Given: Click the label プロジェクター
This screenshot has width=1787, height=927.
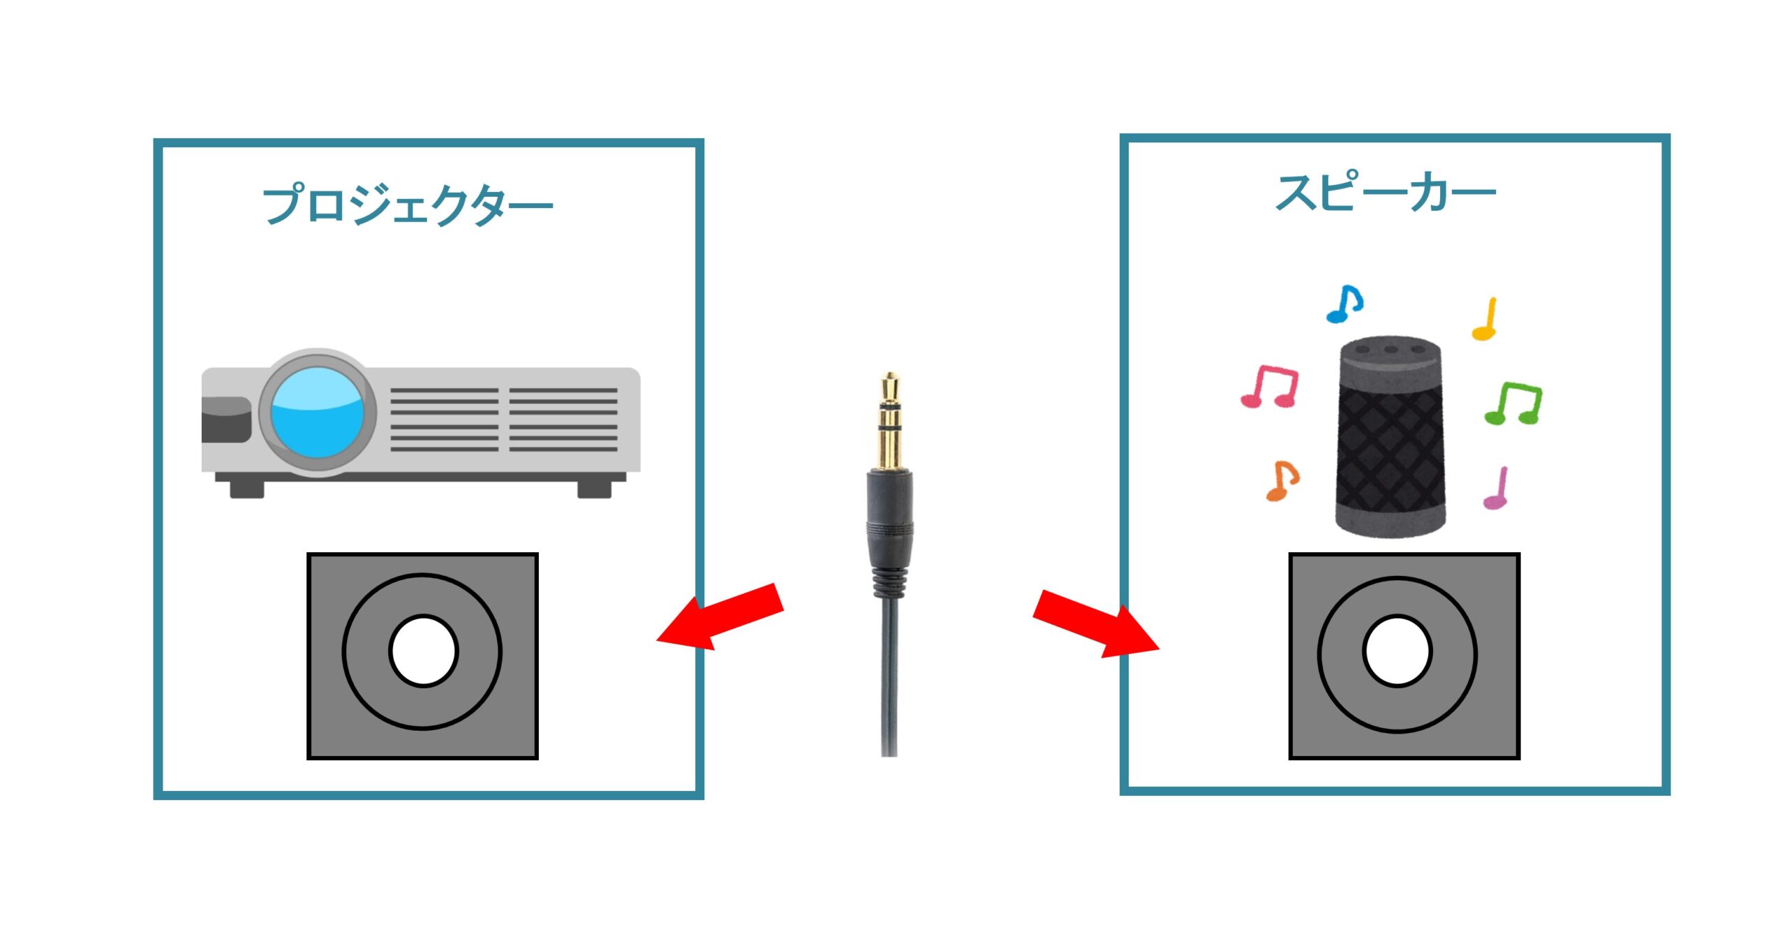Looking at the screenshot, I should pyautogui.click(x=407, y=205).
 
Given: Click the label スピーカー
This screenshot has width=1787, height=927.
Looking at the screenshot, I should pyautogui.click(x=1385, y=193).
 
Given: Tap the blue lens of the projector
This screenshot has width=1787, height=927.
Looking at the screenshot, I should pyautogui.click(x=318, y=412).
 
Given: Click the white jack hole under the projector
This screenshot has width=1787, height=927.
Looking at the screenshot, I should pyautogui.click(x=423, y=651).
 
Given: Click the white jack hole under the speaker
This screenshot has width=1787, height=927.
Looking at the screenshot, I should pyautogui.click(x=1397, y=651).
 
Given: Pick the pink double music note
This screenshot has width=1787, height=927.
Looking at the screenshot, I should pyautogui.click(x=1270, y=386).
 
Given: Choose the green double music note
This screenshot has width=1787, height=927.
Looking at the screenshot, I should pyautogui.click(x=1513, y=403).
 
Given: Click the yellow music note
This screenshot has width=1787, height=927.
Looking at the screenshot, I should pyautogui.click(x=1485, y=320).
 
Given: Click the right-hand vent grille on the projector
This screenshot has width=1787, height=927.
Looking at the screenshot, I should pyautogui.click(x=563, y=420).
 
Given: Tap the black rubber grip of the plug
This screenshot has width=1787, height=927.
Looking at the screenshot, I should pyautogui.click(x=889, y=517).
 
